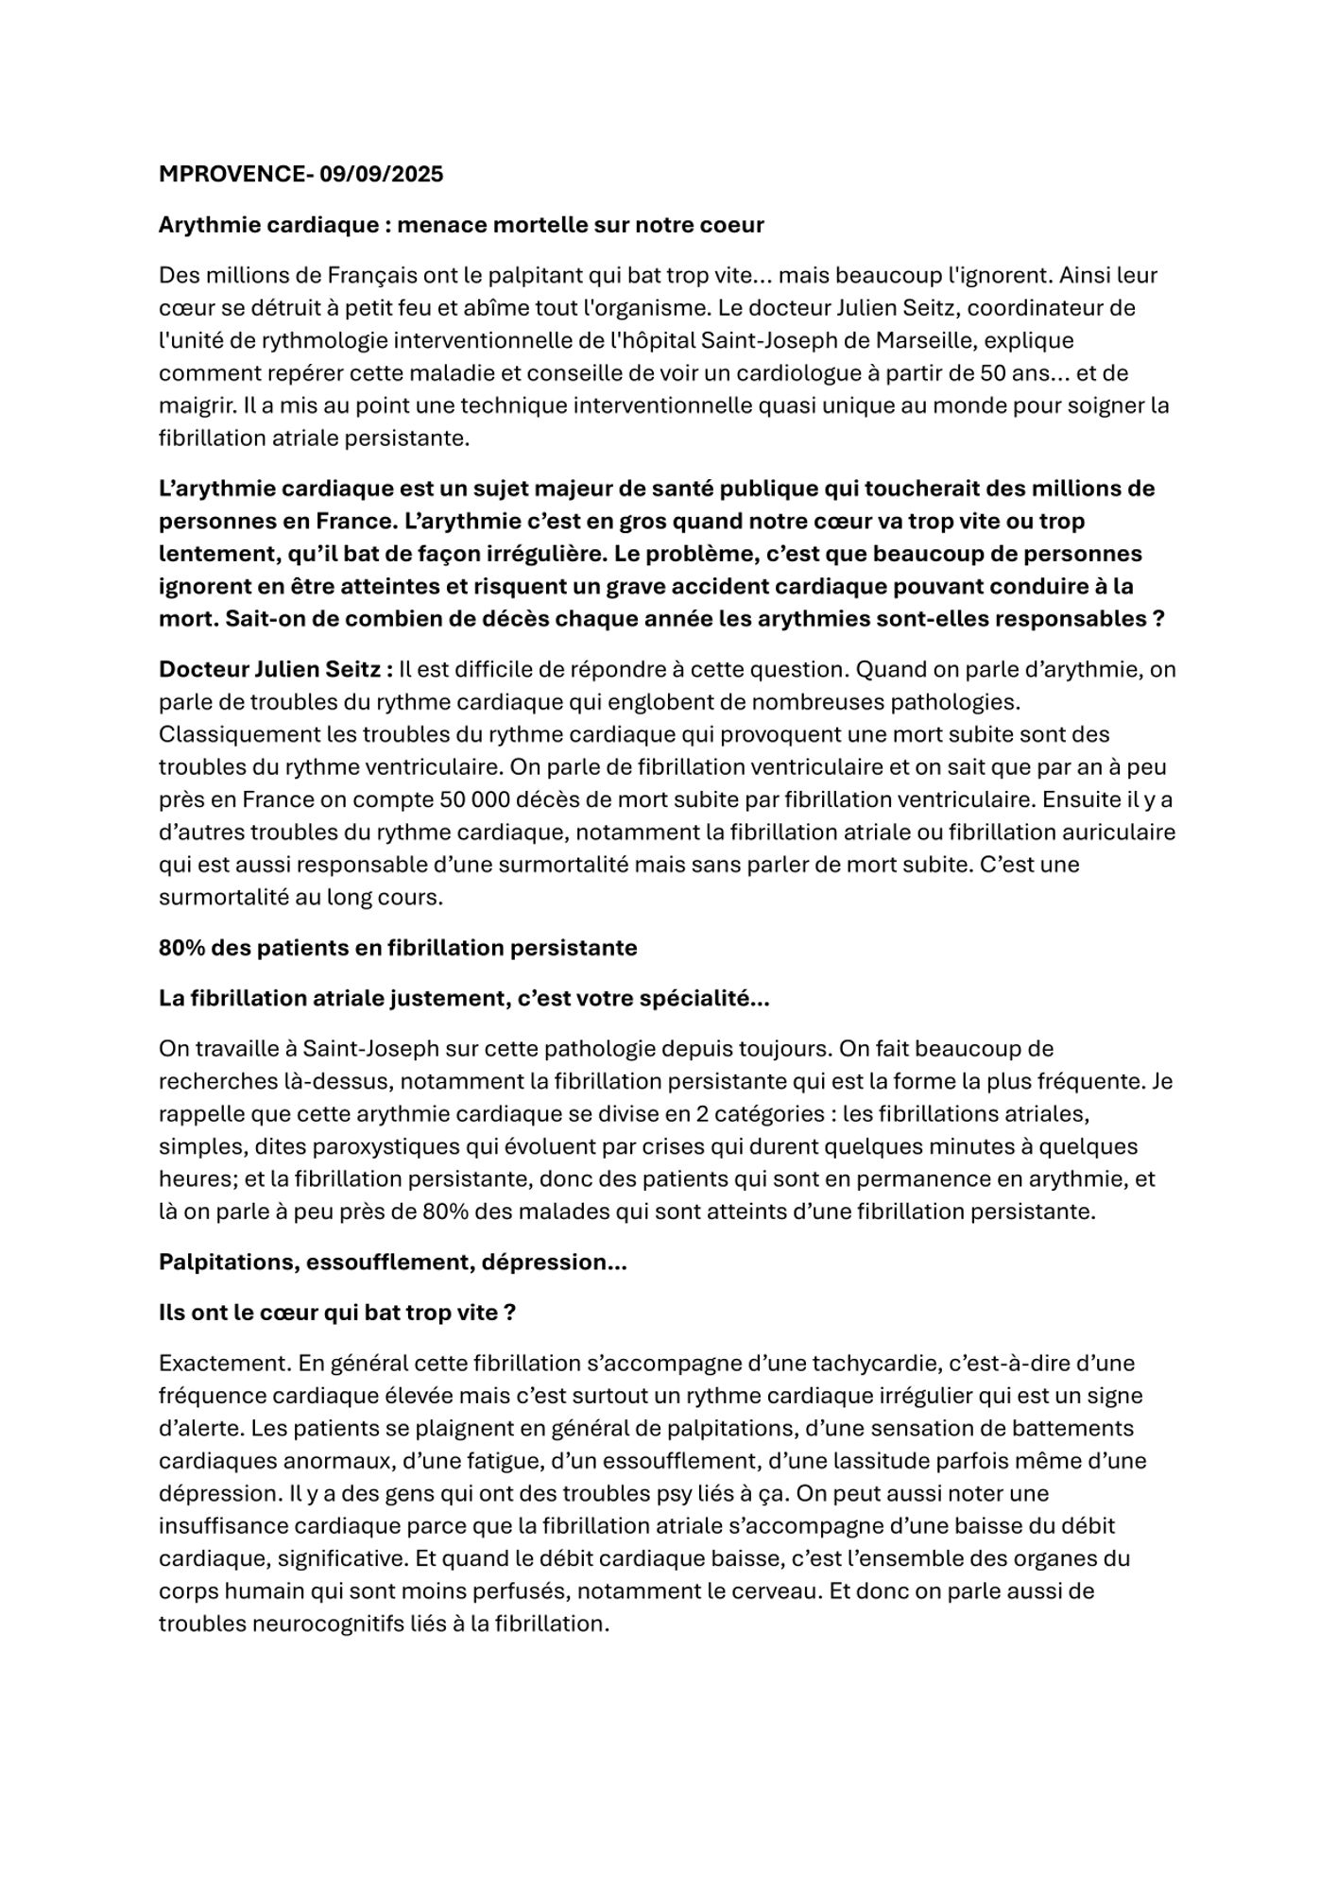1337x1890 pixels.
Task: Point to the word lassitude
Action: point(883,1461)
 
